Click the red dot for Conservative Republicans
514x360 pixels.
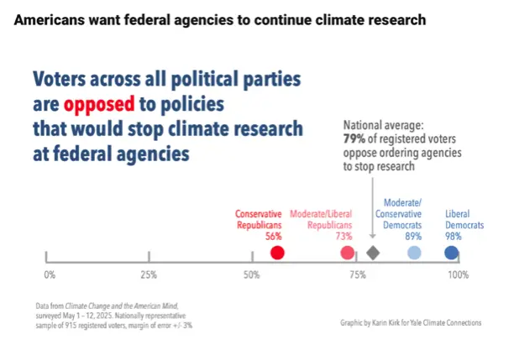278,253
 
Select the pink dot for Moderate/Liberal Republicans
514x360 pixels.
347,253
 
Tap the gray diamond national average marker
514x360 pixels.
374,253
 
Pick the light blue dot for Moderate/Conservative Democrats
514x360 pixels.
414,253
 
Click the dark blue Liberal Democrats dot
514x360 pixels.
451,253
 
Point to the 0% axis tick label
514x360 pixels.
49,275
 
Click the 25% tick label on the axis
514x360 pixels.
149,275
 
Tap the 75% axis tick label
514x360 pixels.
356,275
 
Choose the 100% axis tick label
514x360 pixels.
457,275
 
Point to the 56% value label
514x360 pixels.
273,237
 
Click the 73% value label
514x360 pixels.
344,237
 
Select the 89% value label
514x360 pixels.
413,237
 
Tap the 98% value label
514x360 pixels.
454,237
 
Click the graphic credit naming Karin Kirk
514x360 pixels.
411,322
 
